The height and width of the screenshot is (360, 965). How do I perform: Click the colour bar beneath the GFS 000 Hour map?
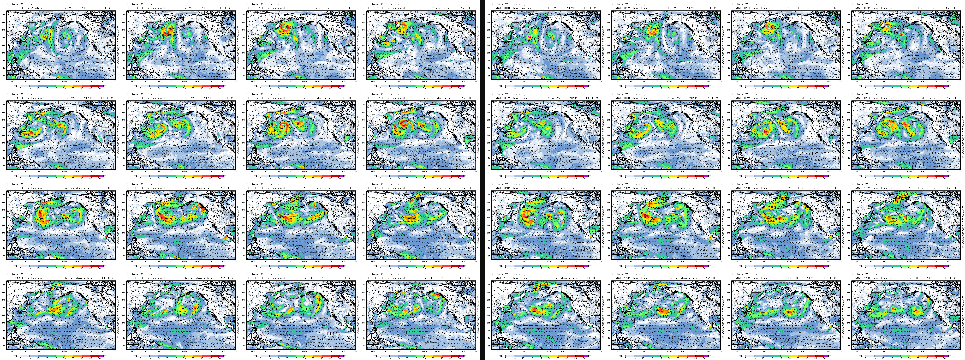tap(60, 86)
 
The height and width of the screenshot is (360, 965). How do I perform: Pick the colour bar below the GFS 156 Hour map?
tap(180, 356)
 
